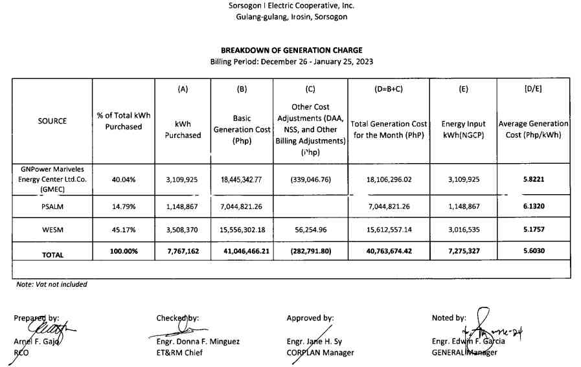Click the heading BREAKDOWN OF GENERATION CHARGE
(x=291, y=50)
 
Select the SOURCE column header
(x=52, y=121)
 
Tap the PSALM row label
(x=52, y=206)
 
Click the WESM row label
(x=52, y=230)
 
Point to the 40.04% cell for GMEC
(x=123, y=179)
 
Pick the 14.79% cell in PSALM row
(x=123, y=206)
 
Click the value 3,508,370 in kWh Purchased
(x=183, y=230)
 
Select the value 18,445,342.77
(x=242, y=179)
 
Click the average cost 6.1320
(x=533, y=206)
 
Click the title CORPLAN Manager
(x=320, y=353)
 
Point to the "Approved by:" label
(x=310, y=318)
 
